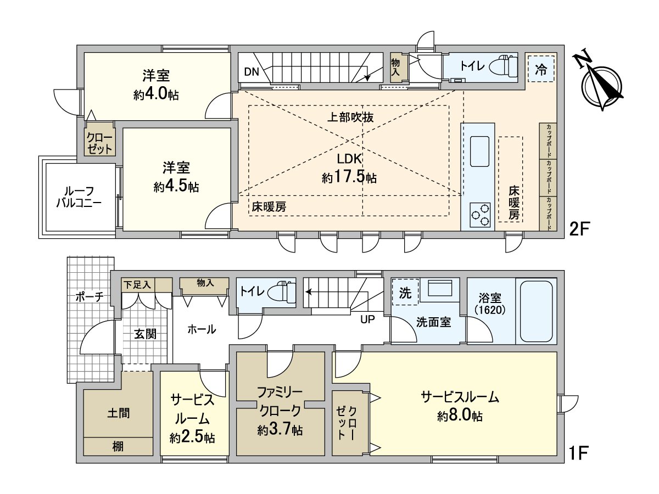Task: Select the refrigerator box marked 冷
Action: coord(541,69)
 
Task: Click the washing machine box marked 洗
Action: coord(405,293)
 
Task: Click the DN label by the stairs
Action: coord(252,71)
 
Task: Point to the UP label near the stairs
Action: coord(367,319)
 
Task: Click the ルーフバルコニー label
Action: coord(79,197)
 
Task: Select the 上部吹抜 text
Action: coord(350,116)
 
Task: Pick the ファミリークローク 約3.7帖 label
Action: coord(280,411)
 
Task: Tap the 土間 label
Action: coord(118,413)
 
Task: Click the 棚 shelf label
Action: coord(118,446)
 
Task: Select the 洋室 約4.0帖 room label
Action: coord(156,85)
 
